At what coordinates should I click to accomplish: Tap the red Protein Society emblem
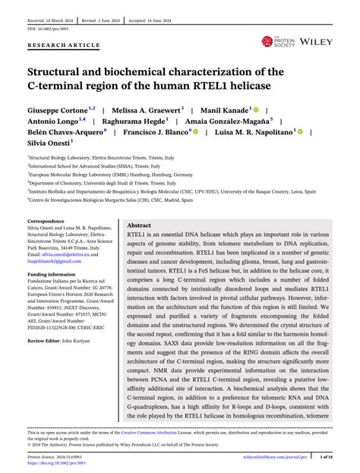(x=267, y=41)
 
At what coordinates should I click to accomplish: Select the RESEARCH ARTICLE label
(x=65, y=46)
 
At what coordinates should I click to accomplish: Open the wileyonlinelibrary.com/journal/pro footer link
(x=290, y=457)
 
